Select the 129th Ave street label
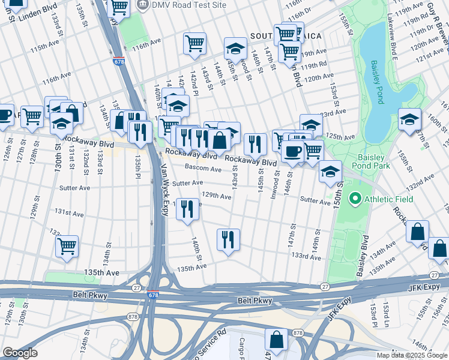(x=217, y=196)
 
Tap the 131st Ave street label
(x=68, y=212)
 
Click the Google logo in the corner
(x=20, y=353)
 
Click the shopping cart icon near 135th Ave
(x=67, y=245)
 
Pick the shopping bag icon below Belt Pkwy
(x=277, y=339)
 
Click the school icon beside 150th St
(x=330, y=171)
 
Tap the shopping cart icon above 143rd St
(x=194, y=43)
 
